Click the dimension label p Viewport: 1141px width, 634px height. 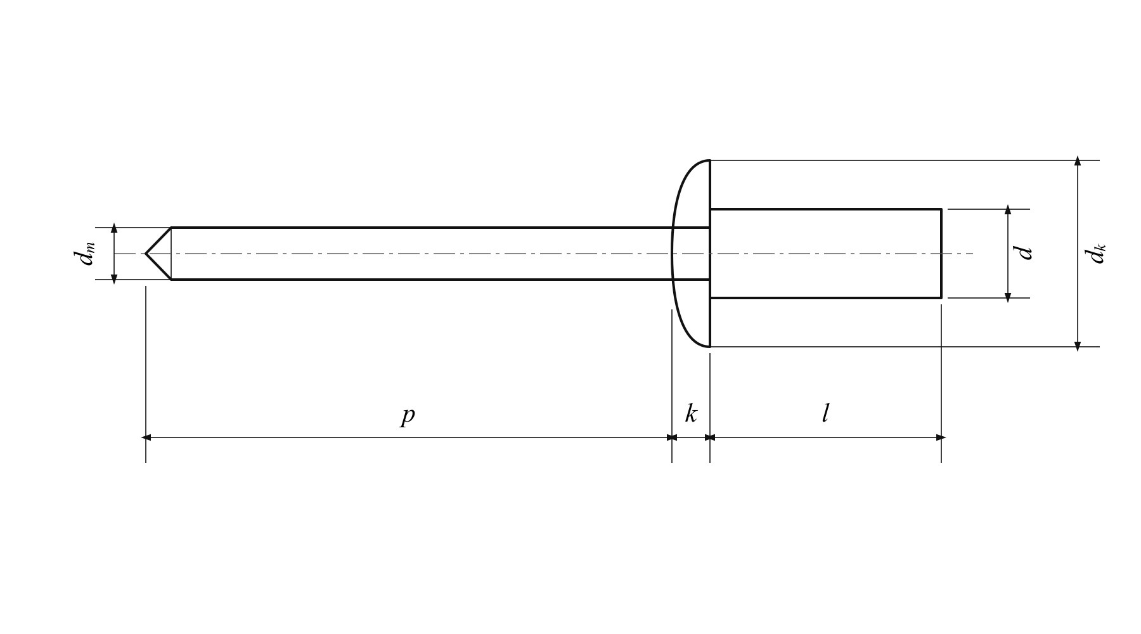(x=408, y=415)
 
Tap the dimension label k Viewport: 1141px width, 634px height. (x=691, y=413)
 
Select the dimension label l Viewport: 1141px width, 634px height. (x=825, y=413)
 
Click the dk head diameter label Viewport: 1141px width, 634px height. (x=1095, y=254)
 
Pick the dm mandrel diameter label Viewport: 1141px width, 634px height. (x=84, y=254)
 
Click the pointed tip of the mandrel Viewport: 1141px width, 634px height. (x=146, y=254)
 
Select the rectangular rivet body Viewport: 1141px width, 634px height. (x=825, y=254)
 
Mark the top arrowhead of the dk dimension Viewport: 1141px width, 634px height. (x=1078, y=161)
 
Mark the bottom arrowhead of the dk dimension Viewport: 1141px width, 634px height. (x=1078, y=346)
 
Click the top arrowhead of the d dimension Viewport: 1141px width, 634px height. (x=1008, y=210)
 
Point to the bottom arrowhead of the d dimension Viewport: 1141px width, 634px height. (x=1008, y=297)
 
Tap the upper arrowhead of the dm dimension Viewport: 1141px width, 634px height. (x=114, y=228)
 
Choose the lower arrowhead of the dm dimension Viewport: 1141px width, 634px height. (x=114, y=279)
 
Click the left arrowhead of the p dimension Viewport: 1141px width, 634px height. (x=146, y=437)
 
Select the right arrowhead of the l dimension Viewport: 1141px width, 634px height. (x=941, y=437)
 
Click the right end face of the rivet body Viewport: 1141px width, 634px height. (x=941, y=254)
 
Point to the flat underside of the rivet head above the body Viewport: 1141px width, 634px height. (x=710, y=184)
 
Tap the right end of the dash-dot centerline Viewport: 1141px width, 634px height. (x=973, y=254)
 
